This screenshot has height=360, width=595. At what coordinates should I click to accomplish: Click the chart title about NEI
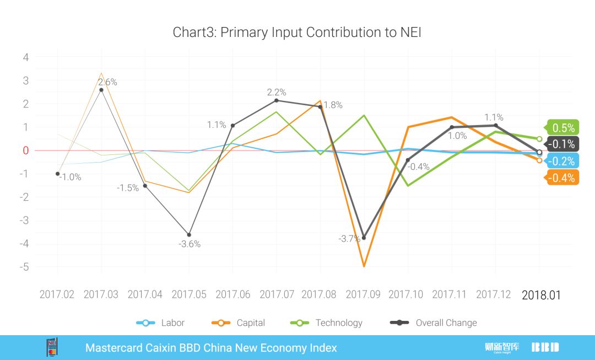pos(297,32)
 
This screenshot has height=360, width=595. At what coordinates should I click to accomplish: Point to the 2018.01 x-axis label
pos(541,295)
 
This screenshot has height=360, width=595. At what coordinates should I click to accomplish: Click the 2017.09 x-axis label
pos(363,294)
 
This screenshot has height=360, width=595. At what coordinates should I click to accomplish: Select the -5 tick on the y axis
pos(25,267)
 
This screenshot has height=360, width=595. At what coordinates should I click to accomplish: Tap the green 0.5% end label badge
pos(562,128)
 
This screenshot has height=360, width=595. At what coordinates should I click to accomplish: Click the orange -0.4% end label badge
pos(562,178)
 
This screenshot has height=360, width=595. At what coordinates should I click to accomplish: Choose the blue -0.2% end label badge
pos(562,161)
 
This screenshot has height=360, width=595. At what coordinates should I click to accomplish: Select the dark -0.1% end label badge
pos(562,144)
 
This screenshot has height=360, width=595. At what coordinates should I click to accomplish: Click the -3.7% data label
pos(349,239)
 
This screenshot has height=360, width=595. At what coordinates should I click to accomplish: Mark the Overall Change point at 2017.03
pos(101,90)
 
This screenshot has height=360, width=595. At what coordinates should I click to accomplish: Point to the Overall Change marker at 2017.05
pos(189,235)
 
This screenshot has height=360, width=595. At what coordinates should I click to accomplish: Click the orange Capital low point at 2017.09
pos(364,266)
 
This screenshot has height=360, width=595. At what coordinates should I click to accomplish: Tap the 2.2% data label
pos(277,93)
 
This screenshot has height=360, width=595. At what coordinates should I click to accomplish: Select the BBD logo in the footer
pos(545,347)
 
